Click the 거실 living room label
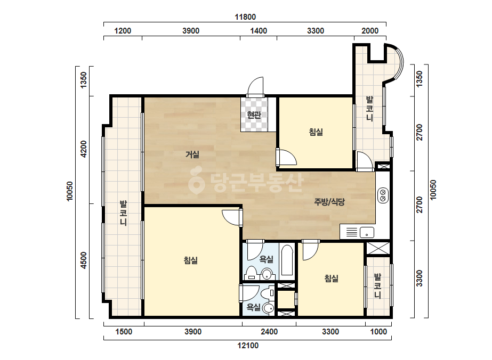click(x=192, y=154)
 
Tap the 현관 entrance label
click(x=254, y=115)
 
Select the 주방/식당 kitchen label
click(x=329, y=202)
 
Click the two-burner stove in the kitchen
click(x=383, y=195)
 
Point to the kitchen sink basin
click(x=367, y=232)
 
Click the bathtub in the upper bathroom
click(x=287, y=260)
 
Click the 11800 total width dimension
click(x=245, y=17)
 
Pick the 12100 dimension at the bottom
click(x=248, y=346)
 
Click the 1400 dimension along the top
click(x=259, y=31)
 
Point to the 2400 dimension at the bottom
click(x=269, y=332)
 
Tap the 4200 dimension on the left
click(x=84, y=149)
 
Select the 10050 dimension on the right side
click(x=433, y=190)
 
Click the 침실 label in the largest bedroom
click(x=191, y=260)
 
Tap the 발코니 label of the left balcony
click(x=123, y=214)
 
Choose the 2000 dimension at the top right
click(x=370, y=31)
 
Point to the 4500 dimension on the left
click(x=84, y=260)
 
